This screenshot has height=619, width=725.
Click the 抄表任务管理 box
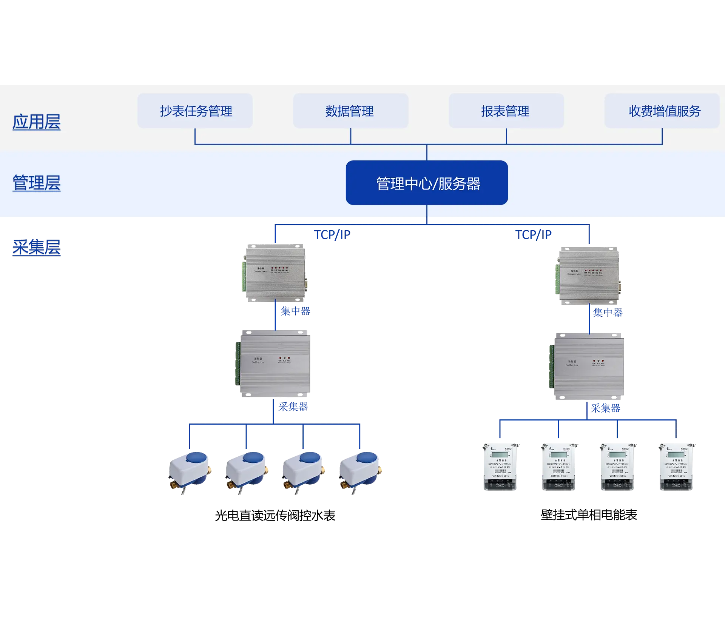coord(195,111)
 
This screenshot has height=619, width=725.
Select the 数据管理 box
coord(350,111)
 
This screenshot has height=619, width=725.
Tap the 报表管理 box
coord(506,111)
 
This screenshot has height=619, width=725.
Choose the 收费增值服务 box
coord(662,111)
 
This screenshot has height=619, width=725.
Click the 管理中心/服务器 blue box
coord(427,183)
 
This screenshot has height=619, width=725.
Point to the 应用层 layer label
coord(36,122)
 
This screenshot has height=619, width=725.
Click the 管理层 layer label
coord(36,183)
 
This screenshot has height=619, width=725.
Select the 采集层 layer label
coord(37,248)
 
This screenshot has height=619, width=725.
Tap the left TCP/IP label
coord(332,235)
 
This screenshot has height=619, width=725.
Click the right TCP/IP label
coord(534,235)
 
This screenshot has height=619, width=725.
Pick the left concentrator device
coord(275,272)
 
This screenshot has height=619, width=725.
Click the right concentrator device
coord(588,274)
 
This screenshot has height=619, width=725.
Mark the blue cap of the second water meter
coord(253,458)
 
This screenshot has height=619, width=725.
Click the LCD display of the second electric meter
coord(558,454)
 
